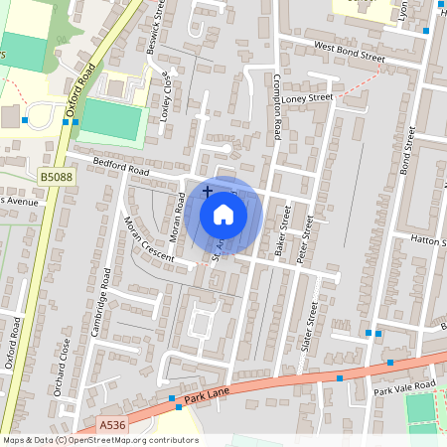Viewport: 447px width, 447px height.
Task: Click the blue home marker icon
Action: click(x=223, y=215)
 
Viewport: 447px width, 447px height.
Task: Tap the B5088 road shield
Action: click(x=55, y=176)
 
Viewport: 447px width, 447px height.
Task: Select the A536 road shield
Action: click(x=113, y=424)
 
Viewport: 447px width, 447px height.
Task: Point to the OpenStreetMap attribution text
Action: click(x=99, y=440)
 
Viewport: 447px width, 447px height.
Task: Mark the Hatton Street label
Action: click(x=429, y=239)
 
